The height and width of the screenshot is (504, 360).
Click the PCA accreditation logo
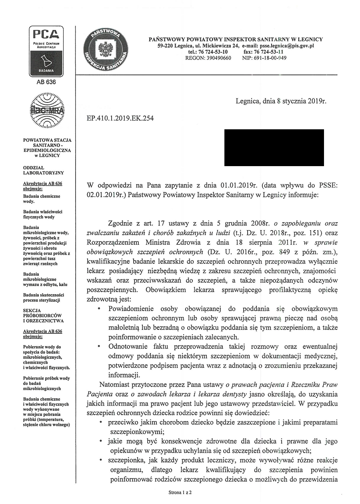(47, 51)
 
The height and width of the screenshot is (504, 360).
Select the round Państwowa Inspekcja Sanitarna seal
(106, 51)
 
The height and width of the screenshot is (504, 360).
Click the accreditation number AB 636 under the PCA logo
(47, 82)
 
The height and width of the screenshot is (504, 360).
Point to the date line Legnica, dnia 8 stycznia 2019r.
(281, 101)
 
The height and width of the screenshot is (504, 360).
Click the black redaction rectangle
(274, 147)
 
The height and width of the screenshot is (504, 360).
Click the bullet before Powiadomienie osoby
(99, 309)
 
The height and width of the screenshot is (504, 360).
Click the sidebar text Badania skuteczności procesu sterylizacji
(44, 297)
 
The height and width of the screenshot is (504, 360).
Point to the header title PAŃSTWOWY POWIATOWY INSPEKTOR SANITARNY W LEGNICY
(235, 39)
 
